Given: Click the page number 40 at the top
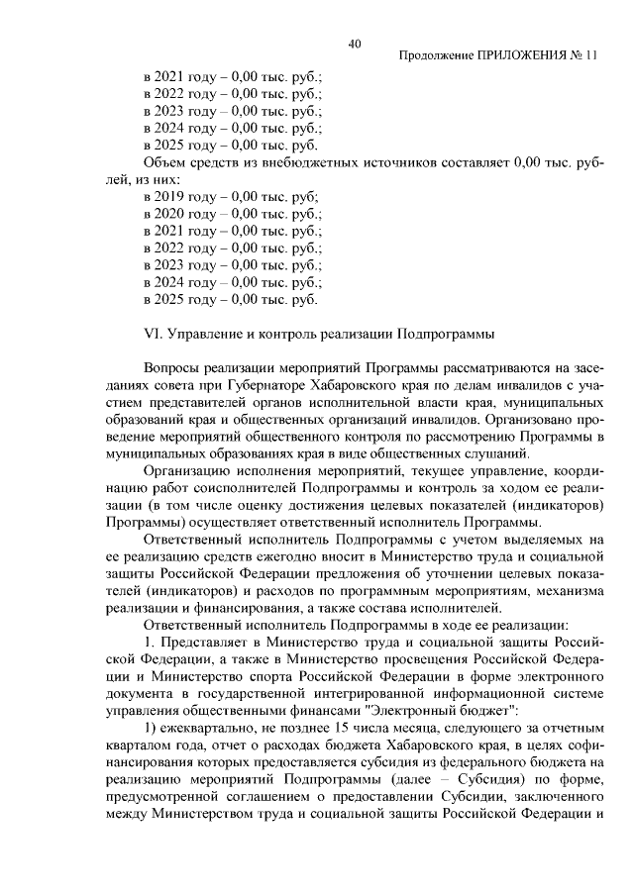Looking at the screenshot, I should [x=355, y=43].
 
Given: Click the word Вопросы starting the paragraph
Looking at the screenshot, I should [x=175, y=367].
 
